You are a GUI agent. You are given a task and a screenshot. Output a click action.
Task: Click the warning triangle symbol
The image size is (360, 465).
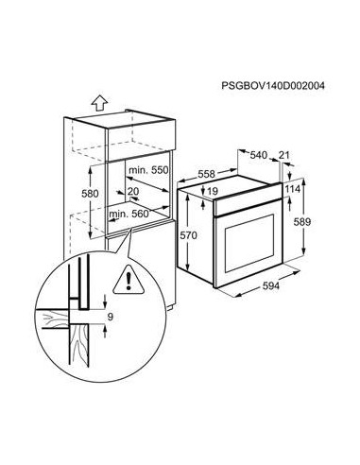pyautogui.click(x=123, y=280)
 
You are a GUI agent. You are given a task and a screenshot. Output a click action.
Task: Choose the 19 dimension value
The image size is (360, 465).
pyautogui.click(x=214, y=192)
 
